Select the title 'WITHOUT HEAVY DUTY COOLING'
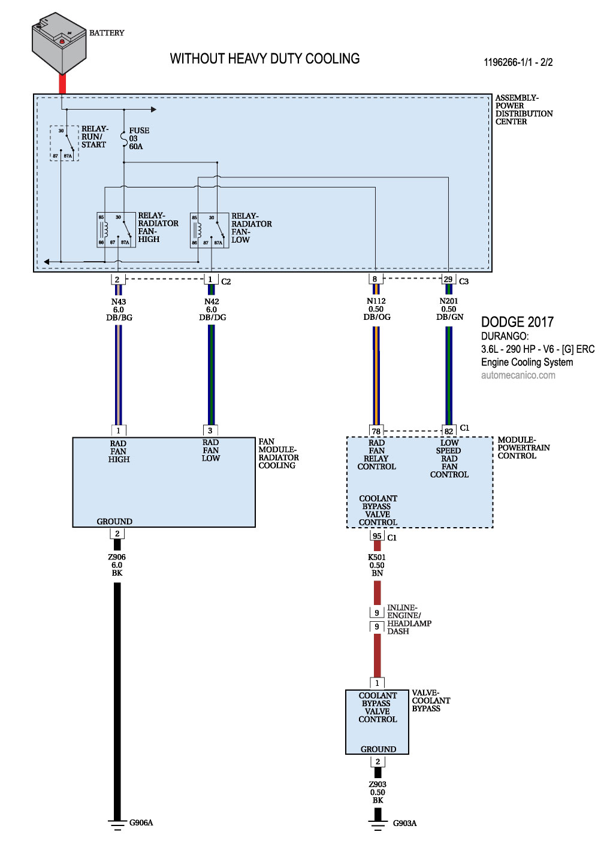coord(264,59)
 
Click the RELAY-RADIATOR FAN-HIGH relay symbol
coord(116,230)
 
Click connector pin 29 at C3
coord(448,280)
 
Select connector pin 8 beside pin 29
coord(375,280)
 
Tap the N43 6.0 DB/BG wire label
coord(119,310)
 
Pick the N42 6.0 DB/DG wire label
coord(212,310)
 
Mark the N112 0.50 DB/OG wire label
coord(376,309)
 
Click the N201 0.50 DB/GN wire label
coord(449,309)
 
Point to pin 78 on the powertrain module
coord(376,431)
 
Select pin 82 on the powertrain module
coord(449,431)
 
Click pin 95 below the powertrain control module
coord(377,536)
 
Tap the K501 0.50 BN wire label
coord(377,565)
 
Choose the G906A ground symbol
coord(117,824)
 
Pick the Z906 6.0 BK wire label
coord(117,565)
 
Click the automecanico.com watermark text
coord(518,376)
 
